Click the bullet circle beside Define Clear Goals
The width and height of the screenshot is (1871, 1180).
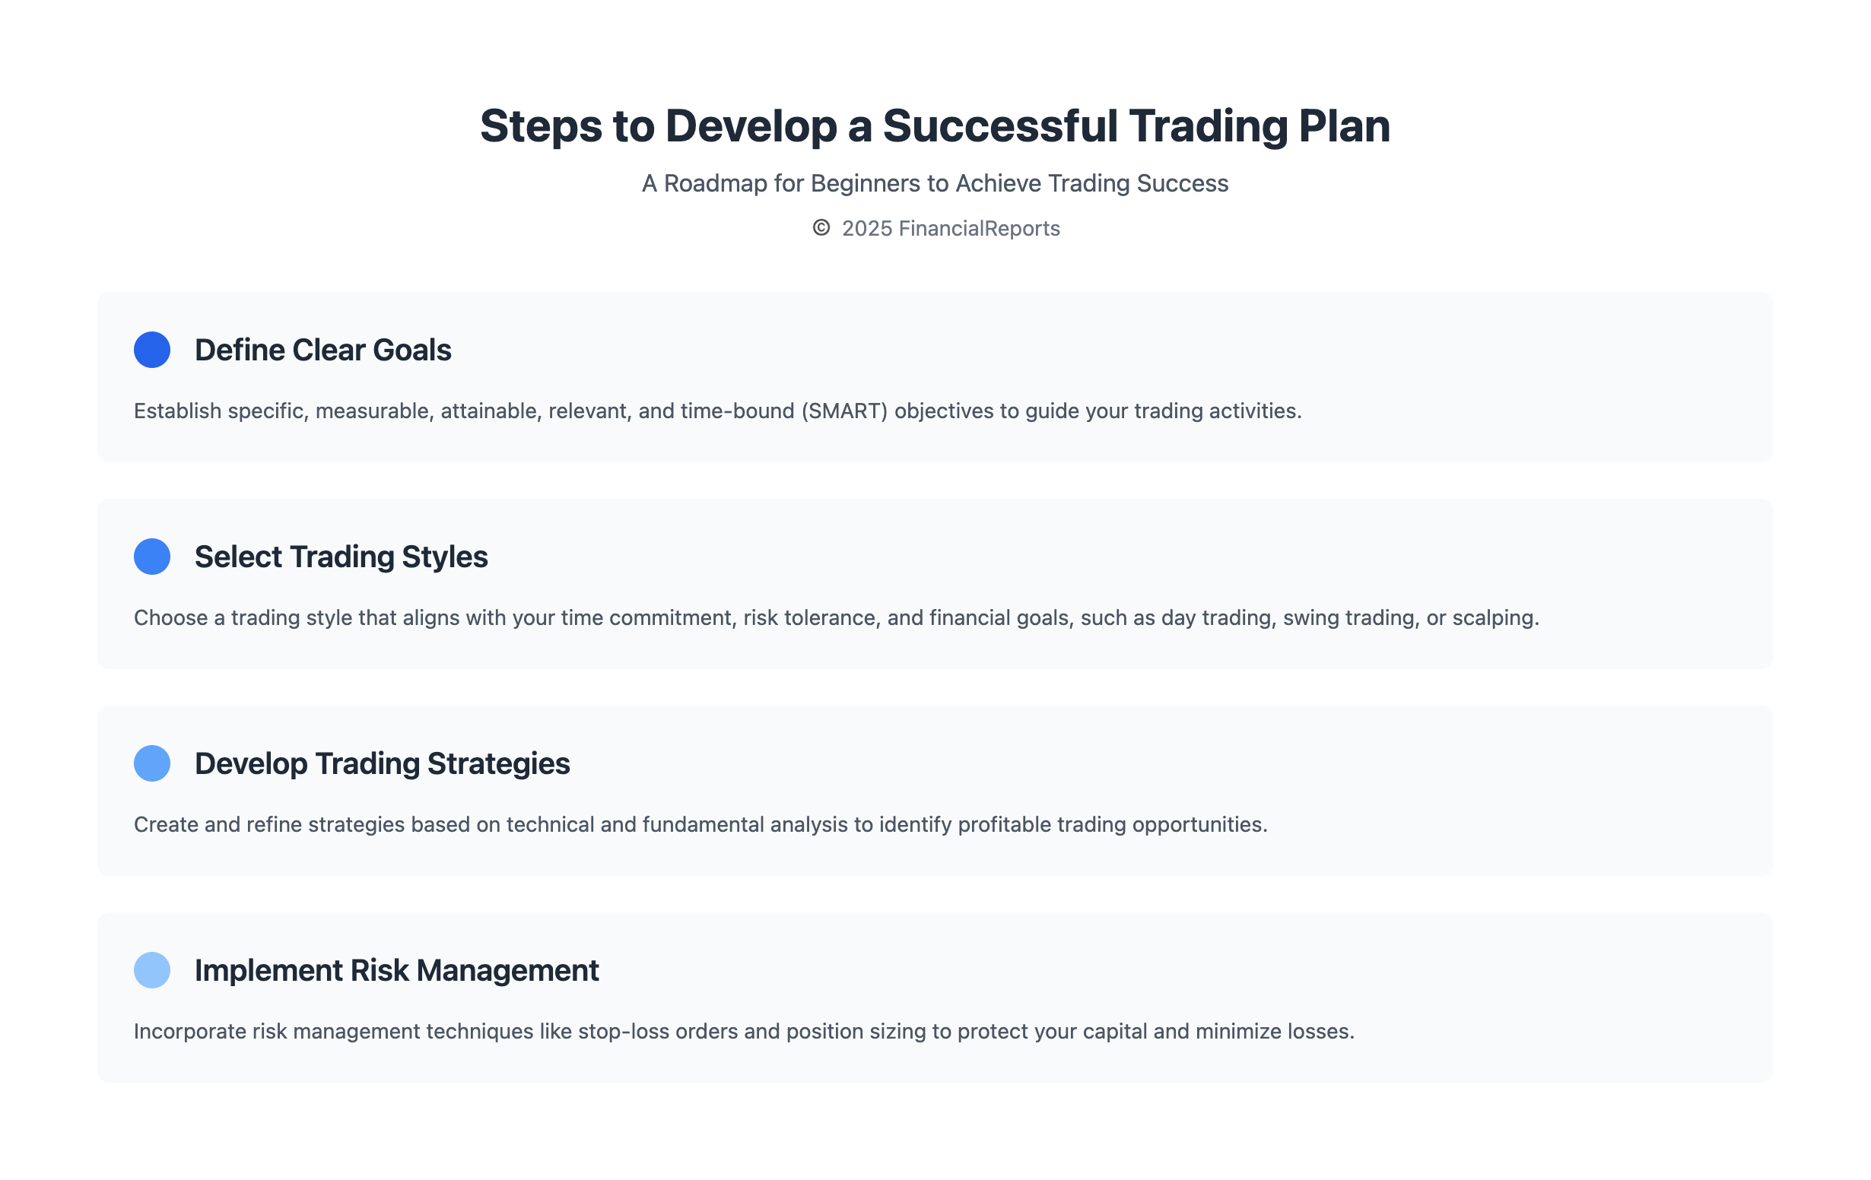pos(152,350)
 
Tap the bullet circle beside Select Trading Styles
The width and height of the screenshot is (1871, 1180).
pos(152,557)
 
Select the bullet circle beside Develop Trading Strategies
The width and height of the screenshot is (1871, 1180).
pos(152,763)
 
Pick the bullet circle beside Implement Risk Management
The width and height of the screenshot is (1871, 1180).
pos(152,969)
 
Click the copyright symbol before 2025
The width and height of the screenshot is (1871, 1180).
pos(821,227)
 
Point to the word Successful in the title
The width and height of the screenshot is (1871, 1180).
pos(1000,126)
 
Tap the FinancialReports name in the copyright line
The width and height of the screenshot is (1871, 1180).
pos(979,228)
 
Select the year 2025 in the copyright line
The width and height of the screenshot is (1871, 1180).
pos(866,228)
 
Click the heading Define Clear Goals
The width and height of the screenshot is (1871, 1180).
pos(322,351)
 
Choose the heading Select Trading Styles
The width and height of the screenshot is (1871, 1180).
pos(341,557)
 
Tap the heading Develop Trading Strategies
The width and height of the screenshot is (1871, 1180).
pos(383,763)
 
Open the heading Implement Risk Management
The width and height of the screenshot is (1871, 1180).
pos(396,970)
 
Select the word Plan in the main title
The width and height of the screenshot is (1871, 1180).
pos(1344,126)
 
